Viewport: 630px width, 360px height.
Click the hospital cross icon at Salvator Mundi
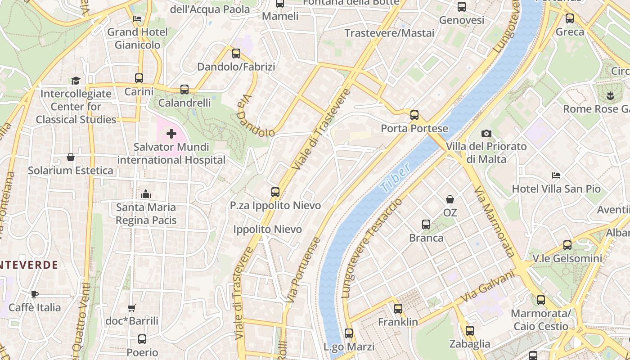171,134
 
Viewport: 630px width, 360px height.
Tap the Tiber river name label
395,178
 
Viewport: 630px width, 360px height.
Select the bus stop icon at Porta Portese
414,115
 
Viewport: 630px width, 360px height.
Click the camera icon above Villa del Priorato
486,133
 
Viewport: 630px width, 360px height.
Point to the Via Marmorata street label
494,221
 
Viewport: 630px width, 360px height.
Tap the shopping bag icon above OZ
450,199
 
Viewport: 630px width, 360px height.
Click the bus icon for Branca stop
426,225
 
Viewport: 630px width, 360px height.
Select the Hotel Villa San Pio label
556,189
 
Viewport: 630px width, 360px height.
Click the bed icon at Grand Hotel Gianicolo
137,19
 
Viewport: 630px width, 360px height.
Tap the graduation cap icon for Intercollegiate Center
76,81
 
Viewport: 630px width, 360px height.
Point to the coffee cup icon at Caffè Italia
35,294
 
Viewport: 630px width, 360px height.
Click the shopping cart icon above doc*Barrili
131,308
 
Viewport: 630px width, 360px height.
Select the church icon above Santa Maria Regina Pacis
145,194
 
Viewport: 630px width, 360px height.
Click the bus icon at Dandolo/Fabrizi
236,54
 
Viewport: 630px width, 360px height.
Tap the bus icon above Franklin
398,309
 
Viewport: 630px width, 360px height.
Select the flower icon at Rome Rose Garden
610,95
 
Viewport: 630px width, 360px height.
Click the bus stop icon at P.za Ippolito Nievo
275,192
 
